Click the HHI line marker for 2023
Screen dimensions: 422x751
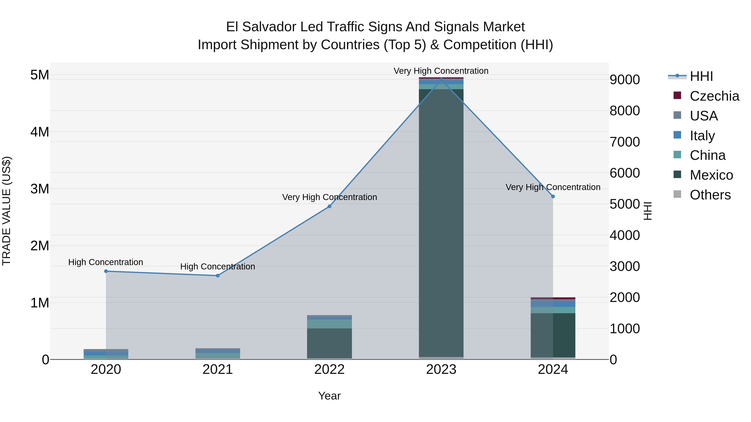[x=441, y=79]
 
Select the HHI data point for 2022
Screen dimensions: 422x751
[x=329, y=206]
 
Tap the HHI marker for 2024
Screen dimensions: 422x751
[x=553, y=196]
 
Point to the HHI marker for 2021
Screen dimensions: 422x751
[x=218, y=275]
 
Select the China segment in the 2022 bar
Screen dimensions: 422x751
[x=329, y=324]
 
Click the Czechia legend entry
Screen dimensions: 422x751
[x=714, y=96]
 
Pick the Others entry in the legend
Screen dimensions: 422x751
[x=710, y=195]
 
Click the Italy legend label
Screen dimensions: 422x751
[x=702, y=136]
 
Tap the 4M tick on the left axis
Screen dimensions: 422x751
[x=40, y=132]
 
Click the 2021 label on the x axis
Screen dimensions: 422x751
[x=218, y=369]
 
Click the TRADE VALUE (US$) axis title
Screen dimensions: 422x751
[x=7, y=211]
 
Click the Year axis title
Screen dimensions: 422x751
[x=329, y=396]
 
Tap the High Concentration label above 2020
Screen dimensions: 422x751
[x=106, y=262]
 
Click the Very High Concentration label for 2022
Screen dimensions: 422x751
[x=329, y=197]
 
